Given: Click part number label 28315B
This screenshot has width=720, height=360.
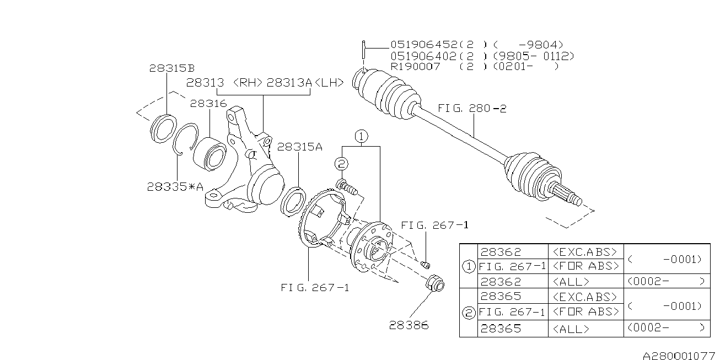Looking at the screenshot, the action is point(172,68).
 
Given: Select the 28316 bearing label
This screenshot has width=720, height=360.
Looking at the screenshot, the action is point(208,104).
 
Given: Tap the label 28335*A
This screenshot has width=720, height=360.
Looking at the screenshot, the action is point(175,186).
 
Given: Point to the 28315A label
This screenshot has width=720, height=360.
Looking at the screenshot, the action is point(299,147).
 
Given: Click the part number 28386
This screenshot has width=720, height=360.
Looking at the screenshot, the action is point(409,325).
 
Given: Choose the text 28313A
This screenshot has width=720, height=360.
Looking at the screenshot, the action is point(289,83).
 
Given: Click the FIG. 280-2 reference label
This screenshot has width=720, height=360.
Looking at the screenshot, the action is point(472,108).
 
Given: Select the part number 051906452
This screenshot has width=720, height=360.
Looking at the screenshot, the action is point(424,44).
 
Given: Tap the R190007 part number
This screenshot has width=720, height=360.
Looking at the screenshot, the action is point(415,67).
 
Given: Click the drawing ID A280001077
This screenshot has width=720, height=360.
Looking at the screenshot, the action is point(679,356).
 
